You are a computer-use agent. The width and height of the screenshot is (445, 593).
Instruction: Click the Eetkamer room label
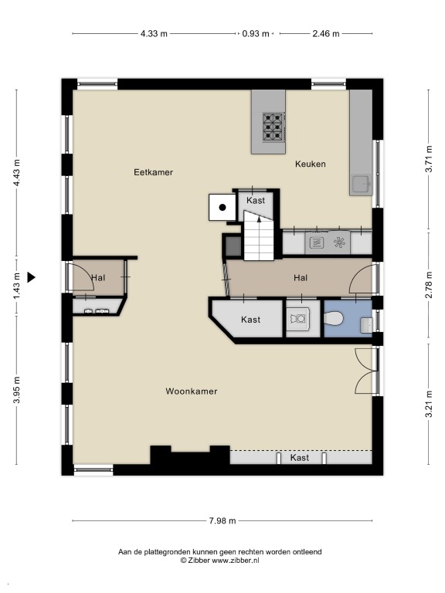pos(153,172)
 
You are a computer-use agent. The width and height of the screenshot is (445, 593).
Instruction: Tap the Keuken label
pos(311,164)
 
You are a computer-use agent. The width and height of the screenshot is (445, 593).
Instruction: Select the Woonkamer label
pos(192,391)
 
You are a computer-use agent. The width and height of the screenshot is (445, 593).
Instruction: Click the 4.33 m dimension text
pos(154,34)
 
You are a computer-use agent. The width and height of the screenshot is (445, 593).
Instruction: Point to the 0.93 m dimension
pos(256,34)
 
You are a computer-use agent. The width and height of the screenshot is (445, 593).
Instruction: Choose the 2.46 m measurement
pos(326,34)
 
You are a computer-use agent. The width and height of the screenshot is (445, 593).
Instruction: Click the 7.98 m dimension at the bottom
pos(222,520)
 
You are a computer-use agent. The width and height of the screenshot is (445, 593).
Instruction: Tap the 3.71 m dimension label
pos(429,159)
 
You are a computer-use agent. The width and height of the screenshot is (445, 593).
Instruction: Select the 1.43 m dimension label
pos(17,286)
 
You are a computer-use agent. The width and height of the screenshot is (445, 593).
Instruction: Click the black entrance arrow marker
pos(31,278)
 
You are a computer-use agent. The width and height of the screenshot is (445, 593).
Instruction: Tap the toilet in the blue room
pos(334,318)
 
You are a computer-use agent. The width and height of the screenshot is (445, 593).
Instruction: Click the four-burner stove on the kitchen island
pos(273,127)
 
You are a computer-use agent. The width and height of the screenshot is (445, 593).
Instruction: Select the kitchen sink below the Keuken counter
pos(361,185)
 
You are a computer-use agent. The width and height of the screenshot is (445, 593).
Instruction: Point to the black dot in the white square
pos(222,207)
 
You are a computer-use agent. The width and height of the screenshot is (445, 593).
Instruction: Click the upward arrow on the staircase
pos(260,219)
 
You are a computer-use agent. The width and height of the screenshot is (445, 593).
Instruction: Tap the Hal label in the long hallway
pos(301,278)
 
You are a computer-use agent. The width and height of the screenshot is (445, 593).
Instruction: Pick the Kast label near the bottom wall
pos(300,458)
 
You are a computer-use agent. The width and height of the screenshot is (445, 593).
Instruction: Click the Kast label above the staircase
pos(256,200)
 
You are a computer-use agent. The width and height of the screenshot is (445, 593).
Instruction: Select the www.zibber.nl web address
pos(236,561)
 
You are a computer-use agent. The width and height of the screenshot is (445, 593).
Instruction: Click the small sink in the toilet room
pos(366,325)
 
